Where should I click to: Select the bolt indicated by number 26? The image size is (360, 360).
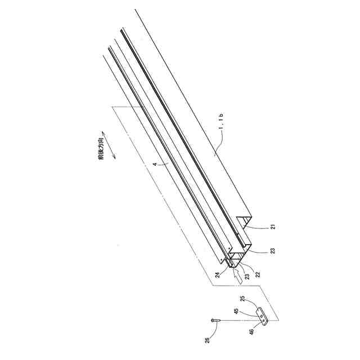tap(215, 319)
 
